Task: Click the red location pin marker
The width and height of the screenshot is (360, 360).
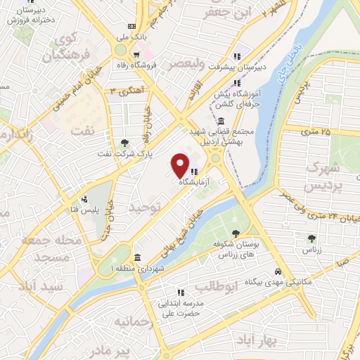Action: [x=181, y=165]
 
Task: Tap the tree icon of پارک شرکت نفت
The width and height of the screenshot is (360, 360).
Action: [x=124, y=143]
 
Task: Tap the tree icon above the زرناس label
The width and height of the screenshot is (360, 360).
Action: [x=311, y=239]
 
